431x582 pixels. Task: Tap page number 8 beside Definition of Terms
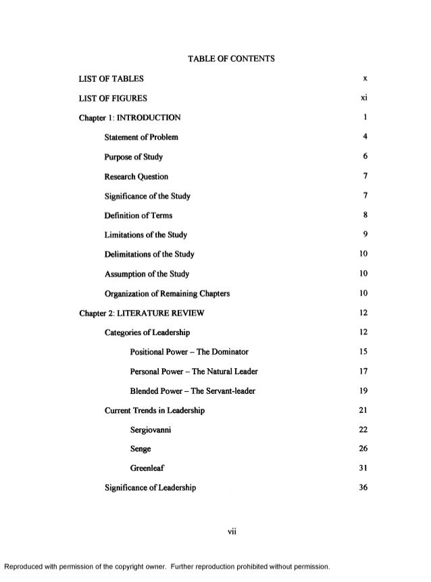coord(364,216)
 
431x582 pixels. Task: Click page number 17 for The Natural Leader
coord(363,372)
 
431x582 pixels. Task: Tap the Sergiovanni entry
coord(152,430)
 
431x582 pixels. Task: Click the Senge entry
coord(141,449)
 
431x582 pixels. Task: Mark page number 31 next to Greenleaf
coord(363,469)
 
